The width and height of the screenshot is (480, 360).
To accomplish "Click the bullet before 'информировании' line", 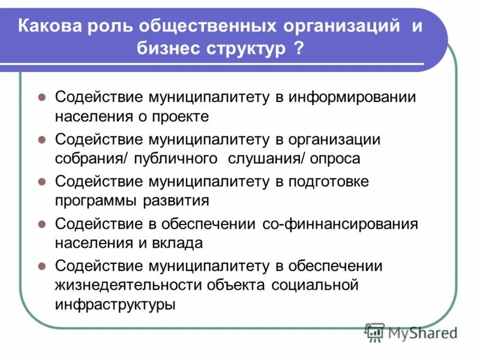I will coord(42,97).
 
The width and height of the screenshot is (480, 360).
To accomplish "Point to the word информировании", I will coord(352,97).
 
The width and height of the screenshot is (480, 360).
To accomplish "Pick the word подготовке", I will coord(334,181).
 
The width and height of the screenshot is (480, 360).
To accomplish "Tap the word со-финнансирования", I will coord(340,223).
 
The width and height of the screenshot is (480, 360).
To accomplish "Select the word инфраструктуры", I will coord(115,304).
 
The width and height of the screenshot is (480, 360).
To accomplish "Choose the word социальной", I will coord(316,284).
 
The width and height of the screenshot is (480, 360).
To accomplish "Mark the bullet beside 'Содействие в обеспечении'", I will coord(42,223).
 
